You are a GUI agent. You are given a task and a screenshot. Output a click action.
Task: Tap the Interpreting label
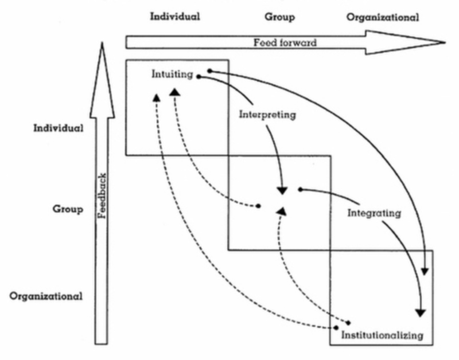point(267,115)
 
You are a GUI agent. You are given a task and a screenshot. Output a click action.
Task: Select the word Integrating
point(374,213)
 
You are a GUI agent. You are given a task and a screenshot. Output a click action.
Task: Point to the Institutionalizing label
point(382,334)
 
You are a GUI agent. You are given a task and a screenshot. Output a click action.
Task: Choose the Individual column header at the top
point(175,16)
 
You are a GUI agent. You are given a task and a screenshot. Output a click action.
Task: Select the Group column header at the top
point(280,17)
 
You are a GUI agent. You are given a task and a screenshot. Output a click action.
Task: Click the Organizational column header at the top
point(383,17)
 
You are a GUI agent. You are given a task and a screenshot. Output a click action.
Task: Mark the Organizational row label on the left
point(47,296)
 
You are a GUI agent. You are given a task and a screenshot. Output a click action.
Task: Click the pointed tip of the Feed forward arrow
point(445,42)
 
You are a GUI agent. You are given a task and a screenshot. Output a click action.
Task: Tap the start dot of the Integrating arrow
point(299,189)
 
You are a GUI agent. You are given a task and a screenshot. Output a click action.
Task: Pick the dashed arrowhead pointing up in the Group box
point(281,212)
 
